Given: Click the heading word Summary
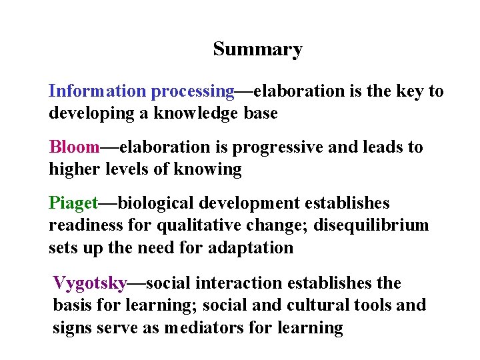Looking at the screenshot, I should [x=257, y=49].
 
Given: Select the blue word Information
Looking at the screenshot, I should [x=97, y=91].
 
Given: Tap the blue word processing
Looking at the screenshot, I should [x=193, y=91].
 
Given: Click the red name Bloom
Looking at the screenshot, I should [x=74, y=147].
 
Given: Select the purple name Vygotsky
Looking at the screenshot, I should [x=89, y=283].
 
